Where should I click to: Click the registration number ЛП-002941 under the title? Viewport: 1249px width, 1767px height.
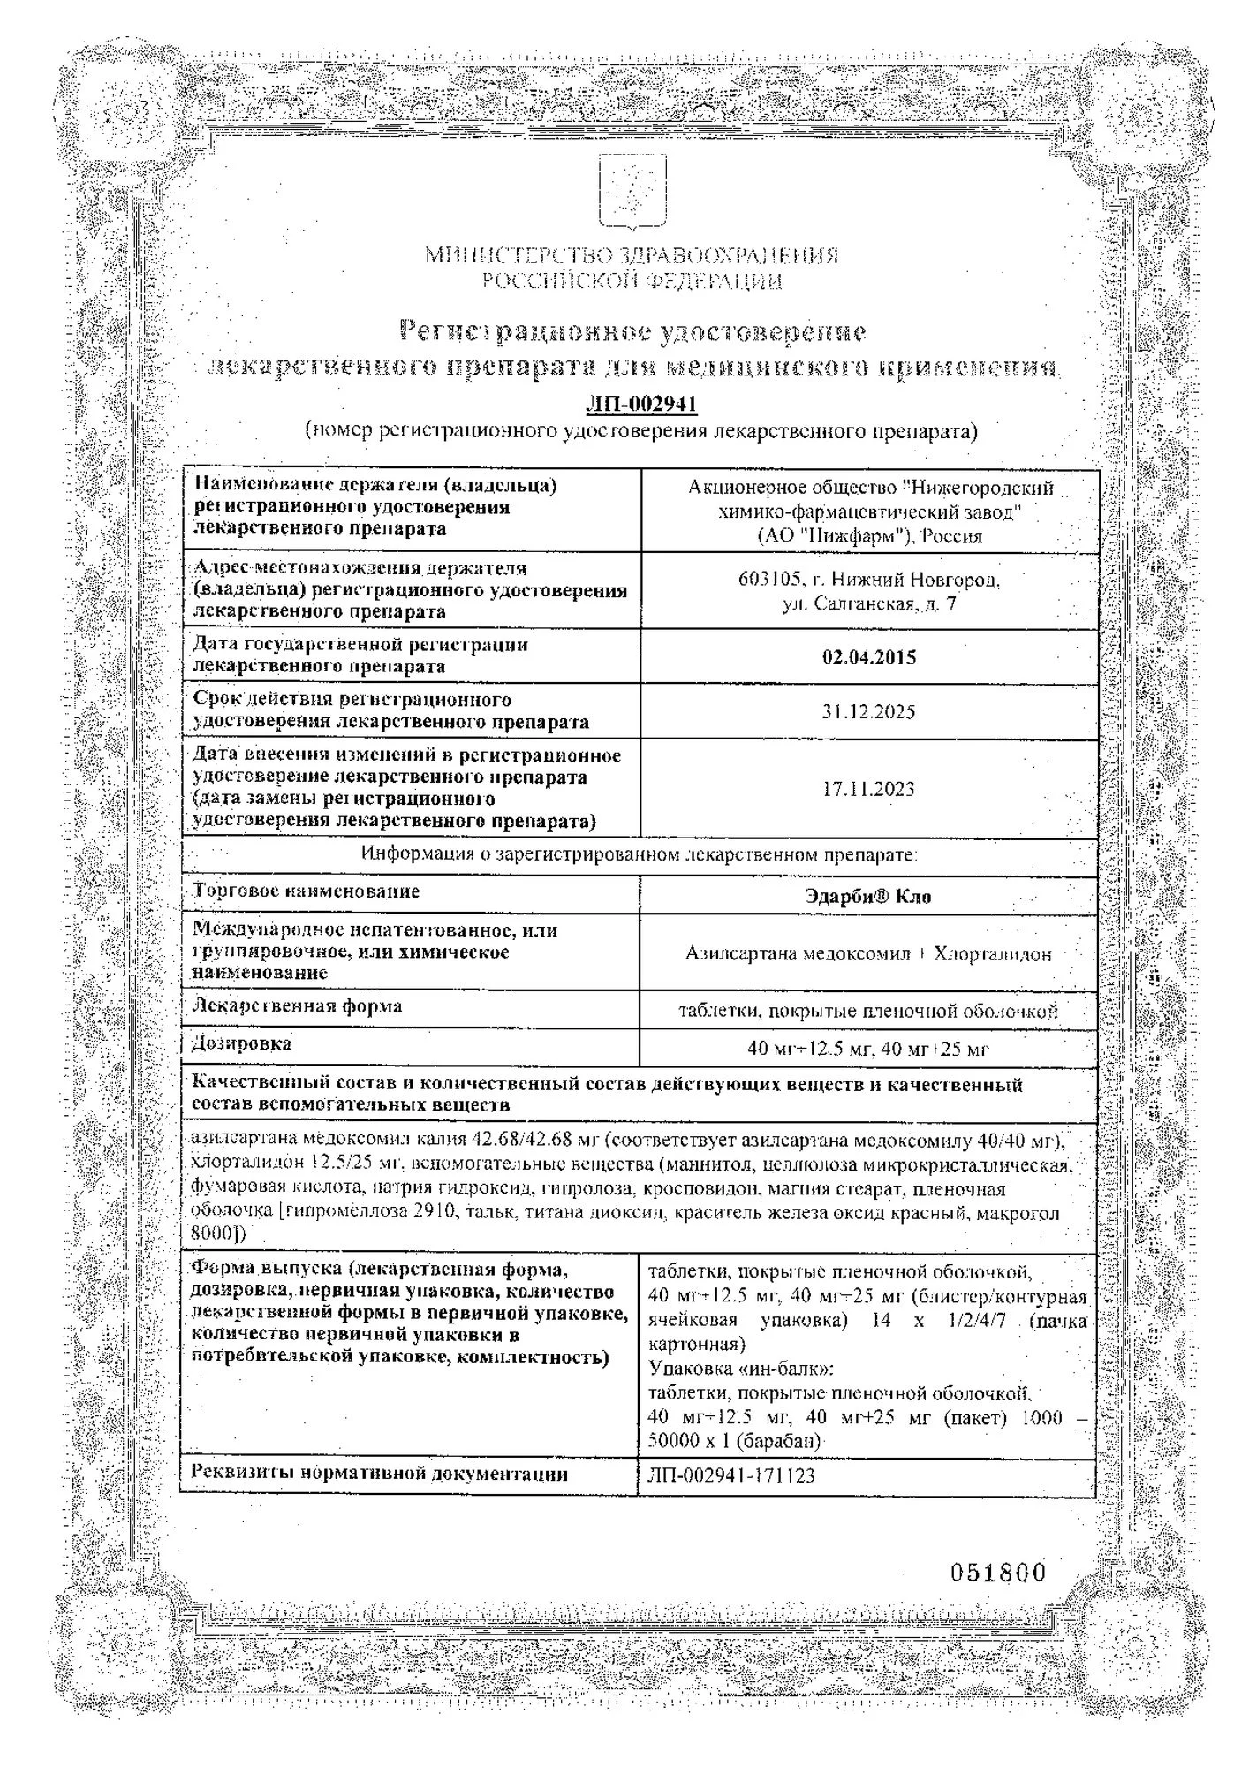(641, 404)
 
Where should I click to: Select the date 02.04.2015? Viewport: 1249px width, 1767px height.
(869, 657)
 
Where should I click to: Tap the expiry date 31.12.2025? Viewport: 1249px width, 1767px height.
(869, 712)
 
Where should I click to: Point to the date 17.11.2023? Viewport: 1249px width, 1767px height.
(869, 790)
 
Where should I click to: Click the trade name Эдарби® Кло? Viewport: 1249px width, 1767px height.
(868, 897)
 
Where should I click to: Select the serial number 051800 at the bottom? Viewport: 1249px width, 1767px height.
(998, 1573)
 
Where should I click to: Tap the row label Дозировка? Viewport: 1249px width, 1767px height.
(242, 1043)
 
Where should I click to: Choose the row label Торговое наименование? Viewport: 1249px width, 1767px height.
(307, 891)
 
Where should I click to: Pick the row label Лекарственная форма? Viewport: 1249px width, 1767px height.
(298, 1006)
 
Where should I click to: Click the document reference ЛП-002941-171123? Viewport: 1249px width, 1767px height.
(731, 1476)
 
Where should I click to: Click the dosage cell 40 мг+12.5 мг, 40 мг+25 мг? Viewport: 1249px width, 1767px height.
(867, 1050)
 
